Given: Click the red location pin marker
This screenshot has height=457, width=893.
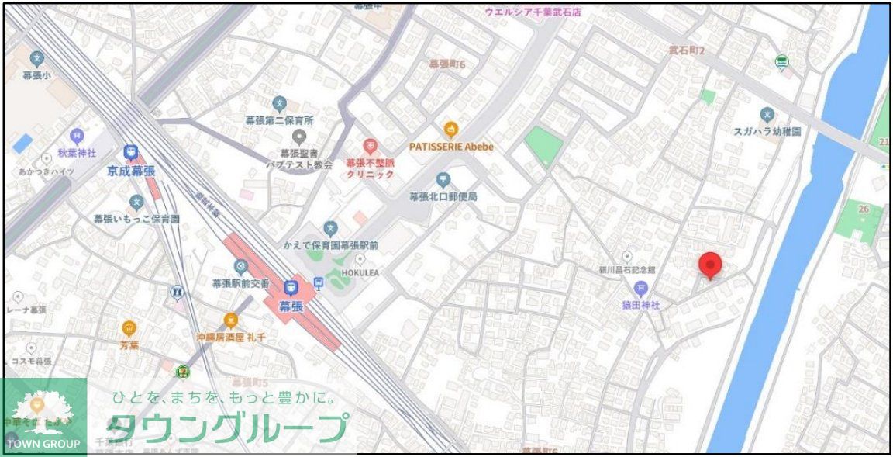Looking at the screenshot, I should pyautogui.click(x=710, y=265).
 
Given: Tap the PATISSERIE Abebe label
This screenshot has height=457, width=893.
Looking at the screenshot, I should pyautogui.click(x=451, y=146).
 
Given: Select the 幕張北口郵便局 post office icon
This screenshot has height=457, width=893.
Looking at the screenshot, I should pyautogui.click(x=443, y=180).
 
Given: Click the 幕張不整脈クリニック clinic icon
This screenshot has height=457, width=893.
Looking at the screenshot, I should pyautogui.click(x=370, y=146).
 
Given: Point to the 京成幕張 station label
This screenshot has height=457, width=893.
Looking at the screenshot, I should pyautogui.click(x=131, y=170).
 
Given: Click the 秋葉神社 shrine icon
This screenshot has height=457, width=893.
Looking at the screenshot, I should pyautogui.click(x=76, y=136).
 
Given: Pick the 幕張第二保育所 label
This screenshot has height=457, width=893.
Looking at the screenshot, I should pyautogui.click(x=279, y=121).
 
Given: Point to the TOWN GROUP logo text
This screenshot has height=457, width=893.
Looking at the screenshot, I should pyautogui.click(x=43, y=444).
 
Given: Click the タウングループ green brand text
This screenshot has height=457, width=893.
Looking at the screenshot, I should pyautogui.click(x=226, y=428).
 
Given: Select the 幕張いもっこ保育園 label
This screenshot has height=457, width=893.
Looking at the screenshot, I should pyautogui.click(x=136, y=220).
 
